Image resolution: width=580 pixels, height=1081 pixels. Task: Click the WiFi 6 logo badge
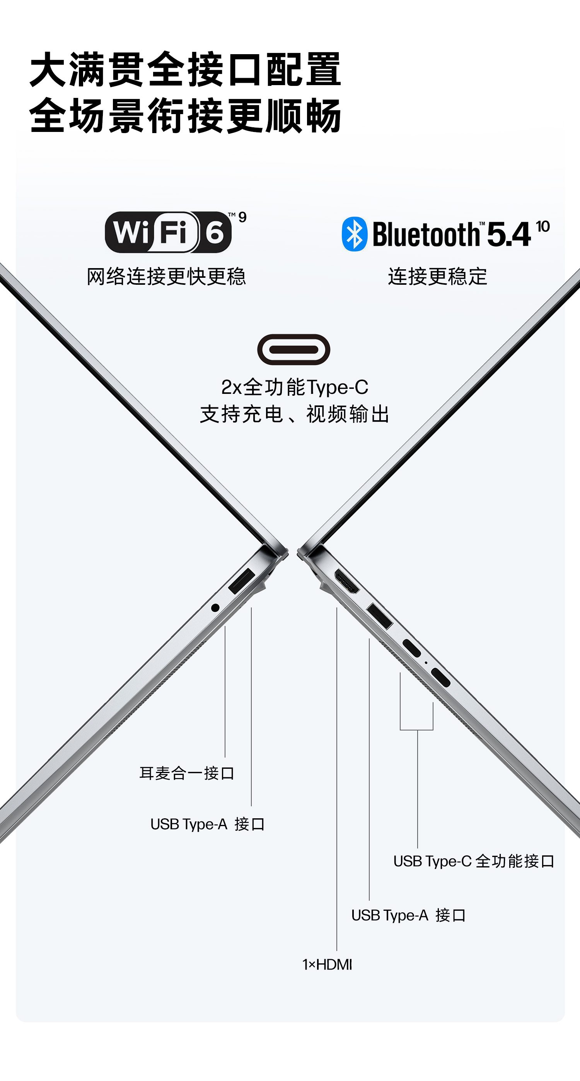point(168,232)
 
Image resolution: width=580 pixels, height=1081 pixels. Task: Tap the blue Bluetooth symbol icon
point(354,234)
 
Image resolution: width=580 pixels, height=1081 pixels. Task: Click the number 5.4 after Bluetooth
point(509,234)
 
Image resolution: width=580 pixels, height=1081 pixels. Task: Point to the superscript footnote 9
point(242,217)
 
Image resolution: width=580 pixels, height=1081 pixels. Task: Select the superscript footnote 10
point(542,226)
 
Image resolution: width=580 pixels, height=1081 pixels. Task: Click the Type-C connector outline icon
point(293,349)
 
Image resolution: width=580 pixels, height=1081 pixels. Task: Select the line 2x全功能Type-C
point(294,387)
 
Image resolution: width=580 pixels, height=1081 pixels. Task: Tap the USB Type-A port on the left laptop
point(242,581)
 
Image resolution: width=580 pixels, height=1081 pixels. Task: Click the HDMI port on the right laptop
point(346,582)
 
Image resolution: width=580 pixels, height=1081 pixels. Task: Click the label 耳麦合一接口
point(187,773)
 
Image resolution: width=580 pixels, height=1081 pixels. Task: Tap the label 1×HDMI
point(327,964)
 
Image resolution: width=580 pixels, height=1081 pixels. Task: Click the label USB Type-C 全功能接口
point(474,861)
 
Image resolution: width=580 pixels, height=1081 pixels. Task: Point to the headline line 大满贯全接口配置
point(185,69)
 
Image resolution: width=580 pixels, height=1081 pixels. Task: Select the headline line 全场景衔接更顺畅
point(185,115)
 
